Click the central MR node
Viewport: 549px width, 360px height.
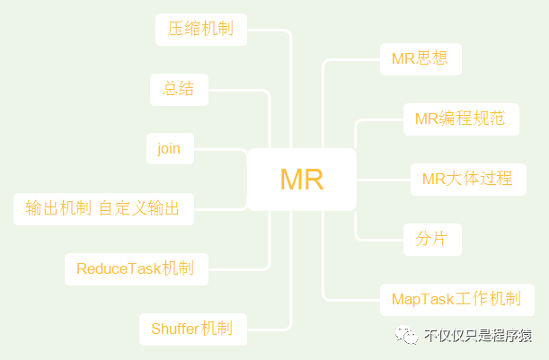click(x=302, y=180)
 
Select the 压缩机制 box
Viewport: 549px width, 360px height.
click(x=200, y=29)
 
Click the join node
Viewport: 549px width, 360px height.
click(x=169, y=148)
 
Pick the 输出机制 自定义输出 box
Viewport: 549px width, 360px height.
click(x=102, y=209)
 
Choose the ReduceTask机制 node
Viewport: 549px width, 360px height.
click(x=135, y=268)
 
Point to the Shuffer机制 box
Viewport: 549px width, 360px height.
click(x=191, y=329)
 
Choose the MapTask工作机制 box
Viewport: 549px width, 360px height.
click(x=456, y=299)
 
